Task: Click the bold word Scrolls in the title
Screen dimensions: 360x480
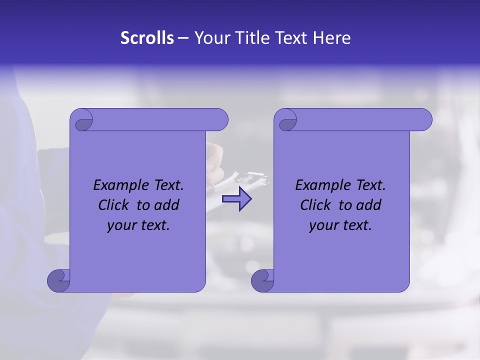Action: pyautogui.click(x=147, y=38)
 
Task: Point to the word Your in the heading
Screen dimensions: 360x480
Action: pyautogui.click(x=210, y=38)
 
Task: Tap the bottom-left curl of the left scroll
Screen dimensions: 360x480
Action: pyautogui.click(x=58, y=280)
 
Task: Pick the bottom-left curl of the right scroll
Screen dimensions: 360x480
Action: pyautogui.click(x=262, y=280)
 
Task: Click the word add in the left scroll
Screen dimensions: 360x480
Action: pyautogui.click(x=167, y=205)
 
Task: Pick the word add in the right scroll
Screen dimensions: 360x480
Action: pyautogui.click(x=369, y=205)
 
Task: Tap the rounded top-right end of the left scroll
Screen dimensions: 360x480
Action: pyautogui.click(x=220, y=119)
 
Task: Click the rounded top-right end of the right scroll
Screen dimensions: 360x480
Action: pyautogui.click(x=424, y=119)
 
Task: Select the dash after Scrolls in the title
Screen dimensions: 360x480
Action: pyautogui.click(x=183, y=38)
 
